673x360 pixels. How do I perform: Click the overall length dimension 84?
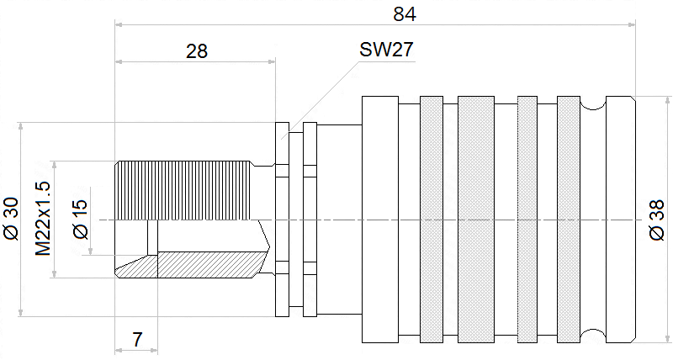(405, 14)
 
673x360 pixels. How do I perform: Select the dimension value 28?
(197, 50)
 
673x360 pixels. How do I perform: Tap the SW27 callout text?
(386, 50)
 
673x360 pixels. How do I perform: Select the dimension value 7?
(137, 340)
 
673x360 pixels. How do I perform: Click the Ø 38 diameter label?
(657, 220)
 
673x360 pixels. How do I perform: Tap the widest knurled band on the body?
(476, 220)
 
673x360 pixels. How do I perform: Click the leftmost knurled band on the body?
(431, 220)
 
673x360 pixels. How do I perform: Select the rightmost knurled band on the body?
(569, 220)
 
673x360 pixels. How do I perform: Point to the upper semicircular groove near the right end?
(593, 103)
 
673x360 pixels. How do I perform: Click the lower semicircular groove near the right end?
(593, 336)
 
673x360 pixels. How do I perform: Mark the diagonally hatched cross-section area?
(206, 265)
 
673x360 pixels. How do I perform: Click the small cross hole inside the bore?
(151, 237)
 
